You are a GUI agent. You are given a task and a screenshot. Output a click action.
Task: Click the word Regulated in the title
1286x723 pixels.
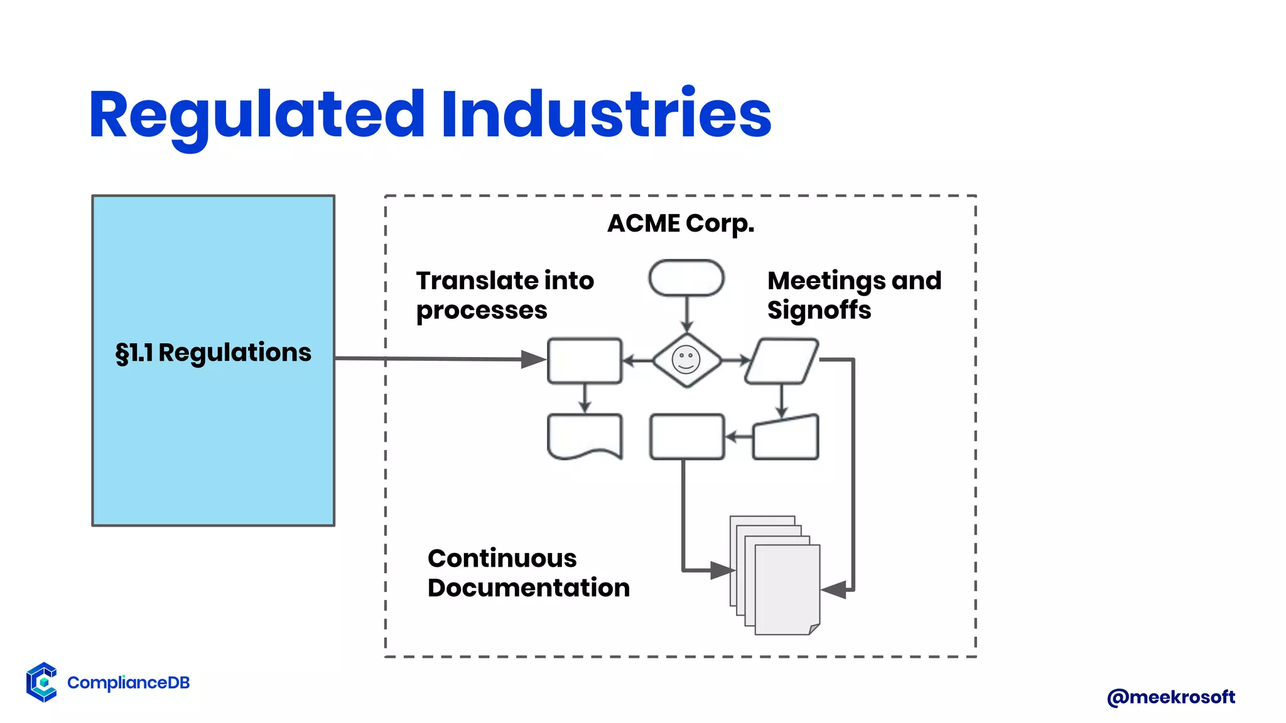click(x=257, y=114)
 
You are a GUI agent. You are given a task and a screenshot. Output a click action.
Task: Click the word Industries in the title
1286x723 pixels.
click(x=605, y=114)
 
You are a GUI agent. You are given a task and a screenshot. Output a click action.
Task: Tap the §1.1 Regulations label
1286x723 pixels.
click(x=213, y=353)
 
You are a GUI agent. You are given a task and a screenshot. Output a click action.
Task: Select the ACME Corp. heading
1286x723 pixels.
click(x=681, y=223)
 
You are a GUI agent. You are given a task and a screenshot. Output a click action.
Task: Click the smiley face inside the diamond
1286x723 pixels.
click(x=686, y=360)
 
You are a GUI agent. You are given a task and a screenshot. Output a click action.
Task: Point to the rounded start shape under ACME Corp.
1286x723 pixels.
click(x=686, y=277)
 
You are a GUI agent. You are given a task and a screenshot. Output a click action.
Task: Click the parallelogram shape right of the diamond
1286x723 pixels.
click(x=781, y=361)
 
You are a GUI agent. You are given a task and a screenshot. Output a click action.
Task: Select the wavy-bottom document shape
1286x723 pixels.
click(x=585, y=434)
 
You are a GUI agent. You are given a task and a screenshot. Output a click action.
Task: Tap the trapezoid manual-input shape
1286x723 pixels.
click(x=786, y=438)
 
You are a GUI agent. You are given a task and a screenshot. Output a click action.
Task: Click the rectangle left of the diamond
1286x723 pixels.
click(x=585, y=361)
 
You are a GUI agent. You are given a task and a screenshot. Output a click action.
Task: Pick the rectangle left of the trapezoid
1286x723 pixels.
click(x=686, y=437)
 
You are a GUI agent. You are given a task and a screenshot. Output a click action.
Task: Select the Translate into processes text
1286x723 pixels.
click(x=504, y=295)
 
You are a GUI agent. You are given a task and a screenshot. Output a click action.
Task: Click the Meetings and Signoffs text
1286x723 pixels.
click(x=854, y=295)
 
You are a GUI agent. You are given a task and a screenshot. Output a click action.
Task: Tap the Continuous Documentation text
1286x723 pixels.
click(x=528, y=573)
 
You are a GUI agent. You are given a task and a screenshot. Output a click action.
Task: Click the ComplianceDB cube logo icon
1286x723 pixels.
click(x=42, y=682)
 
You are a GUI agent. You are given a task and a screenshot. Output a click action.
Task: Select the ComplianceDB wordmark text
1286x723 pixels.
click(x=128, y=683)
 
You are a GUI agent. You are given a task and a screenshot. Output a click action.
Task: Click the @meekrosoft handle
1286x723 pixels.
click(x=1171, y=697)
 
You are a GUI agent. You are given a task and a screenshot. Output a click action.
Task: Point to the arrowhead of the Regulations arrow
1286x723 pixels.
click(x=534, y=360)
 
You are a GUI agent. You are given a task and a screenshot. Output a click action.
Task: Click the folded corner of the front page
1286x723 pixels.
click(x=814, y=629)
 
